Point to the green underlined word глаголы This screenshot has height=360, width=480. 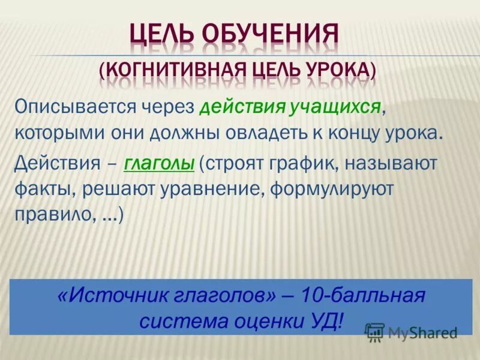159,162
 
